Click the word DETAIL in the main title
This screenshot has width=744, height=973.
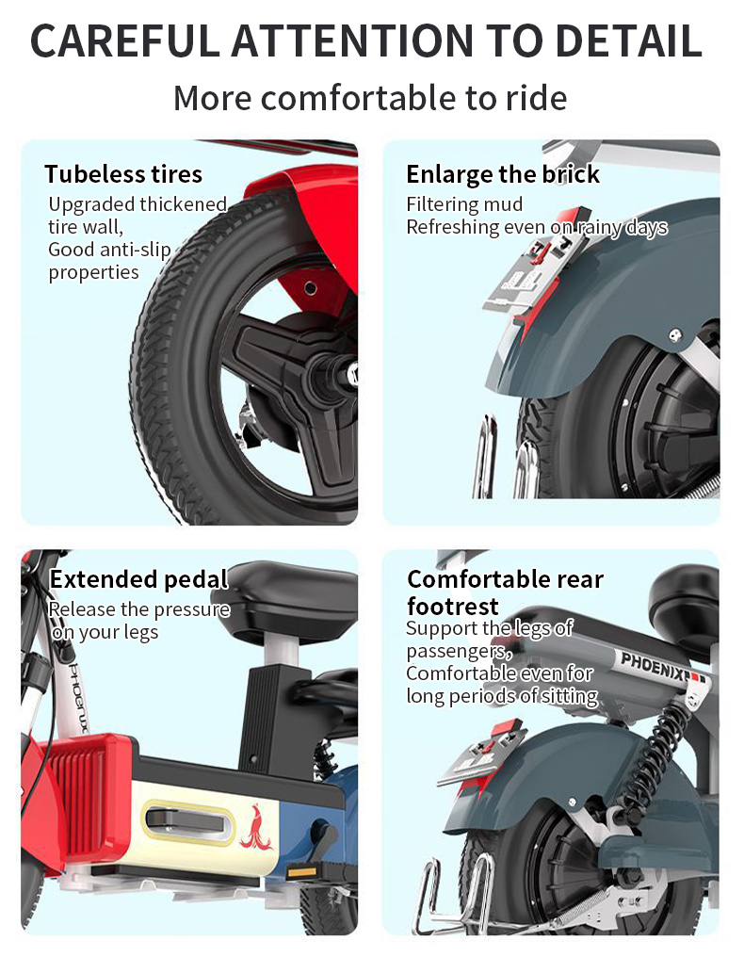tap(628, 41)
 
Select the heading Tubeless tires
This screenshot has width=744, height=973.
tap(123, 173)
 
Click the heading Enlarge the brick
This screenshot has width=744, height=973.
tap(503, 175)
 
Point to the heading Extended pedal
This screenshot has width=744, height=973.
tap(139, 579)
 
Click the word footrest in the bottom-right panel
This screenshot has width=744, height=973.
tap(453, 606)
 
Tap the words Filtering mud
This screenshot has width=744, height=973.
tap(464, 204)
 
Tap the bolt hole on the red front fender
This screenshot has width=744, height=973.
tap(310, 288)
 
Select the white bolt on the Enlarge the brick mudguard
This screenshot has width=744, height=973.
tap(675, 335)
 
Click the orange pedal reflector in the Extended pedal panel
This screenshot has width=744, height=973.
tap(301, 872)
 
